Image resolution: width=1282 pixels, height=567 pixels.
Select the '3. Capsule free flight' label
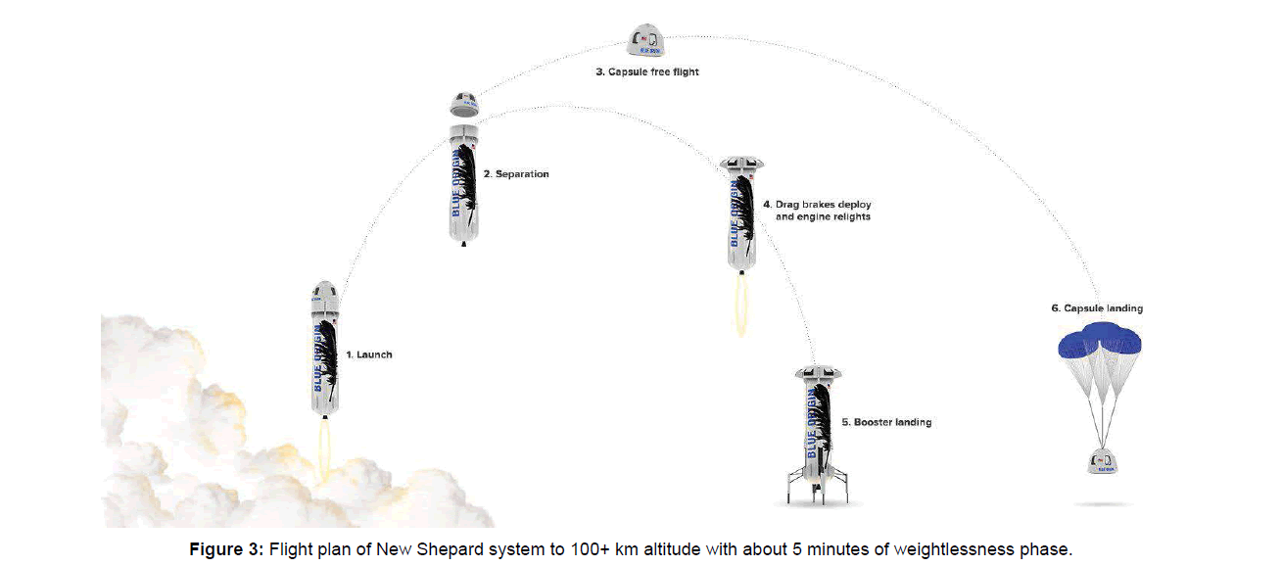pyautogui.click(x=647, y=72)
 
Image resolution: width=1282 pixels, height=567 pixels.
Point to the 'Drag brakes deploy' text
pyautogui.click(x=816, y=205)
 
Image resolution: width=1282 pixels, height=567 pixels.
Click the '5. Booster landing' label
pyautogui.click(x=886, y=422)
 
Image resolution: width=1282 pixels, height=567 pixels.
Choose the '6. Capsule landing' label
pyautogui.click(x=1097, y=308)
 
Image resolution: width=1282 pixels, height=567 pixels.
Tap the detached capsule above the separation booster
pyautogui.click(x=463, y=103)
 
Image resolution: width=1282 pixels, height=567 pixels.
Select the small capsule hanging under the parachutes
pyautogui.click(x=1102, y=459)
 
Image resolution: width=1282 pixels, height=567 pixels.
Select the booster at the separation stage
pyautogui.click(x=464, y=184)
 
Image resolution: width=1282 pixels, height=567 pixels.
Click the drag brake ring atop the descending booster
pyautogui.click(x=741, y=164)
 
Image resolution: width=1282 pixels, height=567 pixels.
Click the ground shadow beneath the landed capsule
pyautogui.click(x=1102, y=503)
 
